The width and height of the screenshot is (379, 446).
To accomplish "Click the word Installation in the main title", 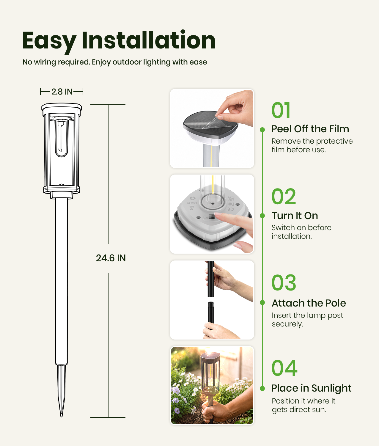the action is [149, 40].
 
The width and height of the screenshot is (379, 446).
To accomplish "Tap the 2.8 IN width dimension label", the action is [62, 92].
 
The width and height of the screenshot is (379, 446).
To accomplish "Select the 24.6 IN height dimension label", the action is [111, 258].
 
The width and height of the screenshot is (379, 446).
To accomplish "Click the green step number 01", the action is [281, 110].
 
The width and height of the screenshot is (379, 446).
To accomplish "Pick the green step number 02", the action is [284, 196].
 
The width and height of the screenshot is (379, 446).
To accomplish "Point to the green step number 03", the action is [284, 282].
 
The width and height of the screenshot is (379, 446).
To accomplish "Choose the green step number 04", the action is [284, 368].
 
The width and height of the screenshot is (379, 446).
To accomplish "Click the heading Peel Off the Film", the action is [310, 129].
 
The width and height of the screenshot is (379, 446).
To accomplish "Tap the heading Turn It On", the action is [295, 216].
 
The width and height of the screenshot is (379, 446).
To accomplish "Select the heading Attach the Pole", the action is [309, 303].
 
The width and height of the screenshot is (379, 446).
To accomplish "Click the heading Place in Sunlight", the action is [311, 388].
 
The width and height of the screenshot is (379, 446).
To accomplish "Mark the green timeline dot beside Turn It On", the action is [262, 216].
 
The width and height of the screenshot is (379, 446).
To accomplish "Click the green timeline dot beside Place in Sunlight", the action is [262, 388].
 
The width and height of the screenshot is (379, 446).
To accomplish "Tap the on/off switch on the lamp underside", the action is [212, 216].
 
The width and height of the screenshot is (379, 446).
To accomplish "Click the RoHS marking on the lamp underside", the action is [192, 203].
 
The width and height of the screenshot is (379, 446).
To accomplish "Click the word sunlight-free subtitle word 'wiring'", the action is [45, 62].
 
